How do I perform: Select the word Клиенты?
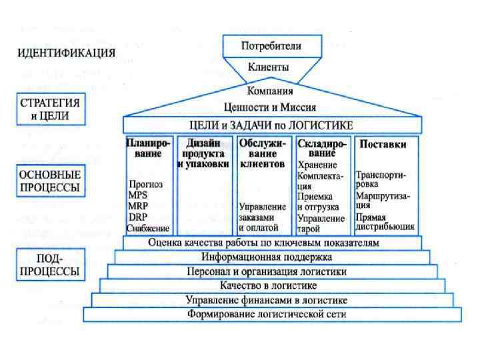(269, 67)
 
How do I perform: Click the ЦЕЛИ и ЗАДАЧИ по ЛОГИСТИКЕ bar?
(272, 125)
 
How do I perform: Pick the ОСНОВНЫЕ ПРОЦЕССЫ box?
(49, 181)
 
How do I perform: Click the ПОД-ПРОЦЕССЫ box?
(49, 265)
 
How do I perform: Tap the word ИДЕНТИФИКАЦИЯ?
(65, 53)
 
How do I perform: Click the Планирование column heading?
(148, 148)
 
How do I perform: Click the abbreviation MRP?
(138, 205)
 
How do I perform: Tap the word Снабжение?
(148, 228)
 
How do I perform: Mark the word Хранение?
(317, 165)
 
